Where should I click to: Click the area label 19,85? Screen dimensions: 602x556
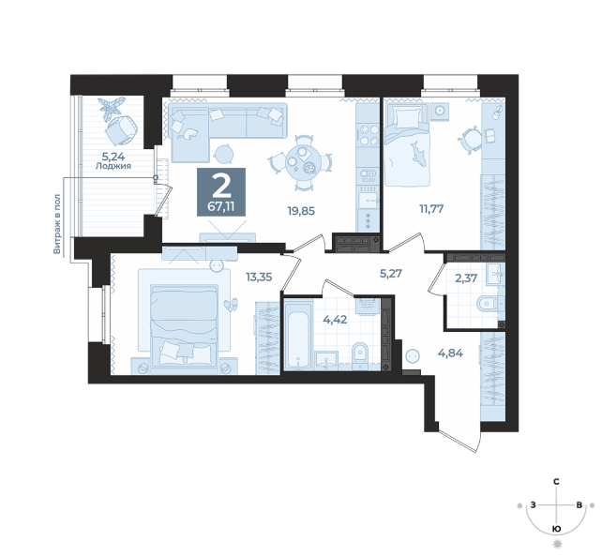pos(301,211)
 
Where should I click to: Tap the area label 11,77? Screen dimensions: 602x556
pos(431,209)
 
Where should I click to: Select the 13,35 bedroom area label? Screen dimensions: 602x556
pos(259,277)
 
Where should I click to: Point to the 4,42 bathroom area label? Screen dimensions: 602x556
pos(335,320)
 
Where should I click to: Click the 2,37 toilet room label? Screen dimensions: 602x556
pos(466,278)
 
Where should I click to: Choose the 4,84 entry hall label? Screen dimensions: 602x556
pos(450,353)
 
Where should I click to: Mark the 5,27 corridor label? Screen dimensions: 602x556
pos(390,274)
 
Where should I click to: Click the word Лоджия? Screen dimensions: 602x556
pos(113,166)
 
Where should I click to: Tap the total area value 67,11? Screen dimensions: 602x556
pos(221,207)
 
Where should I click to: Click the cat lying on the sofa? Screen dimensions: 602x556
pos(188,134)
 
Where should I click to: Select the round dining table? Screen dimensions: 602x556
pos(301,162)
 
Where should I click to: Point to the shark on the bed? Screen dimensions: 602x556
pos(417,154)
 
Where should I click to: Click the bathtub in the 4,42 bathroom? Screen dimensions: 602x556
pos(299,336)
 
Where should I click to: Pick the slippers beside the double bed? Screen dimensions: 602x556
pos(231,305)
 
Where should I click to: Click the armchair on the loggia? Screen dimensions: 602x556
pos(121,129)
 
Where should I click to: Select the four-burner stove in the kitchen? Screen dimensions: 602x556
pos(368,135)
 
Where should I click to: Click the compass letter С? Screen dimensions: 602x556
pos(555,482)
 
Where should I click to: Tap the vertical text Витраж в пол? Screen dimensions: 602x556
pos(57,224)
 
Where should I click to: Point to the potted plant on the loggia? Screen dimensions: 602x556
pos(112,107)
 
